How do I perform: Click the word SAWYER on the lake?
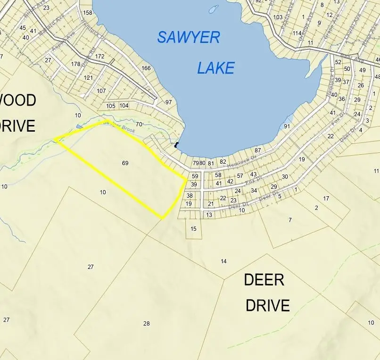coord(189,37)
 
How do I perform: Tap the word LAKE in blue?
coord(215,68)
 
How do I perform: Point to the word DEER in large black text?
coord(264,280)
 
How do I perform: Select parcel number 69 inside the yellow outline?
coord(125,163)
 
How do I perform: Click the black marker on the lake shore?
coord(177,145)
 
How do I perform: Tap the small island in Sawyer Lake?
coord(214,9)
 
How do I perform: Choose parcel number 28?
coord(146,323)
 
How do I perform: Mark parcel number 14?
coord(223,261)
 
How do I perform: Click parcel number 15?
coord(193,229)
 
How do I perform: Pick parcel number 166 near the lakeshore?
coord(146,68)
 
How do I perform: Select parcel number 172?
coord(99,56)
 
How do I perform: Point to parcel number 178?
coord(75,64)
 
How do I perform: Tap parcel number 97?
coord(168,102)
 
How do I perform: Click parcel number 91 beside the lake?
coord(287,126)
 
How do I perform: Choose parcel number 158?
coord(87,13)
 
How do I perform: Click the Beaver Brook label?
coord(120,126)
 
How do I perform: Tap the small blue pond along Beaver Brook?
coord(79,126)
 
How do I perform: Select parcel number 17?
coord(326,198)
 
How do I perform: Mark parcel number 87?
coord(257,150)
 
